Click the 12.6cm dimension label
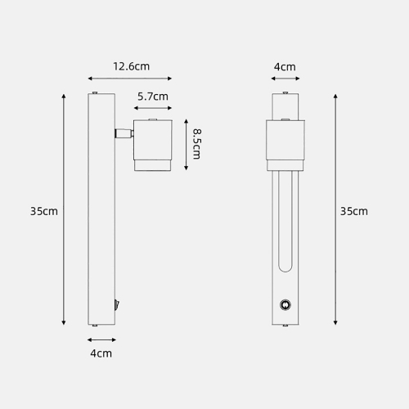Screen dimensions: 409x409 (x=132, y=66)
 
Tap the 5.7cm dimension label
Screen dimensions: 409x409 (x=153, y=97)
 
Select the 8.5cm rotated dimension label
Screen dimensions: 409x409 (x=196, y=144)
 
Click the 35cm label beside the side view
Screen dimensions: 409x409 (x=44, y=211)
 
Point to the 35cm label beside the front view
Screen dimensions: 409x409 (x=354, y=211)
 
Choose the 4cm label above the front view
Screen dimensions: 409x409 (x=285, y=67)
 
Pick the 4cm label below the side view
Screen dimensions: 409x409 (x=101, y=353)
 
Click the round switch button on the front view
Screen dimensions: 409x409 (x=285, y=305)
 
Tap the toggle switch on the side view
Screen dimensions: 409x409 (x=117, y=305)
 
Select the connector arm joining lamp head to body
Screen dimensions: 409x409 (x=124, y=133)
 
